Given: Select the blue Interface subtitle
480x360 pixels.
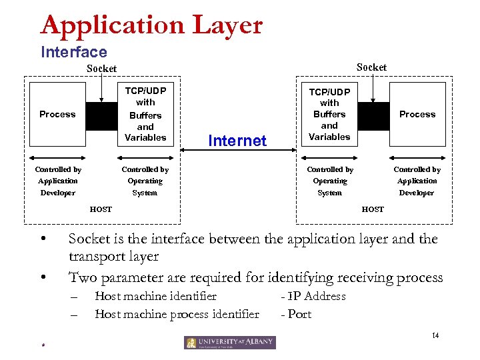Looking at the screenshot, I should (73, 52).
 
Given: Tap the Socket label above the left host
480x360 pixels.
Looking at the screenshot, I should (101, 68).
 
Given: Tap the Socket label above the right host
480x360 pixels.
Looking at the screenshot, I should (371, 67).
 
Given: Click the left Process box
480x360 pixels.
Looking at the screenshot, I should (57, 115).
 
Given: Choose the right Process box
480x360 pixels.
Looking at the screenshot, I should (417, 115).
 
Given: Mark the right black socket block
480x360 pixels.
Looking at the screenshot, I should (373, 115).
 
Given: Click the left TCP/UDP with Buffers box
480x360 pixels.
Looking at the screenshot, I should (145, 114).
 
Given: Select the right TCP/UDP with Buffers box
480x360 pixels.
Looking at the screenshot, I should (329, 114).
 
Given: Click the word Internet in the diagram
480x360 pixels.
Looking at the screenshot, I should (237, 141).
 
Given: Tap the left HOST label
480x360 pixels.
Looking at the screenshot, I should (101, 209).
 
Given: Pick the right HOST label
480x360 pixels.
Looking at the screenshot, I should (373, 209).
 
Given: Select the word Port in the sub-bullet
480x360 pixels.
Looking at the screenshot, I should (299, 314).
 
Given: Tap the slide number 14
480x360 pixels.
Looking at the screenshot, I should (435, 335).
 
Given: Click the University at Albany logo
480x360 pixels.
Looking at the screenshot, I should (230, 343).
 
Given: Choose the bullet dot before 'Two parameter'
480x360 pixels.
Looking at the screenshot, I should (43, 277).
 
